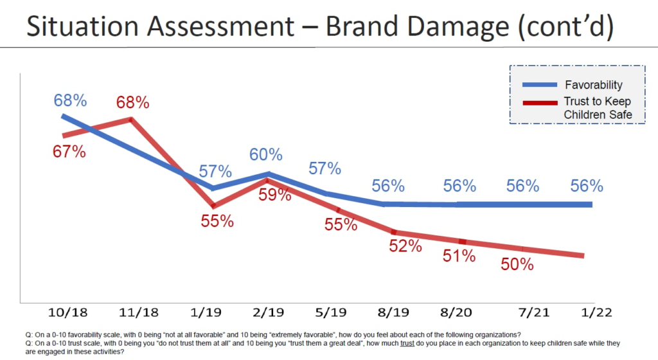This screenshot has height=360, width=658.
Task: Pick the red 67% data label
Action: point(69,152)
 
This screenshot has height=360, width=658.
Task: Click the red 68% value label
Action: point(133,102)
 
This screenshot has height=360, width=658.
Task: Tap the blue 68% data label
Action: point(70,100)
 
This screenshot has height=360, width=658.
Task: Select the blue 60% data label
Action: point(266,154)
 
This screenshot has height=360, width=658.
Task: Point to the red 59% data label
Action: point(275,194)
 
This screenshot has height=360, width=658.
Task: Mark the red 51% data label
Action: point(459,255)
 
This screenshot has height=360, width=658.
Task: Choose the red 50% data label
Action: point(517,264)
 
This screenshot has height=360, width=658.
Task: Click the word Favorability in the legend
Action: point(593,85)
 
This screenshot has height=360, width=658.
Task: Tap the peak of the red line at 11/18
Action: point(131,119)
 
